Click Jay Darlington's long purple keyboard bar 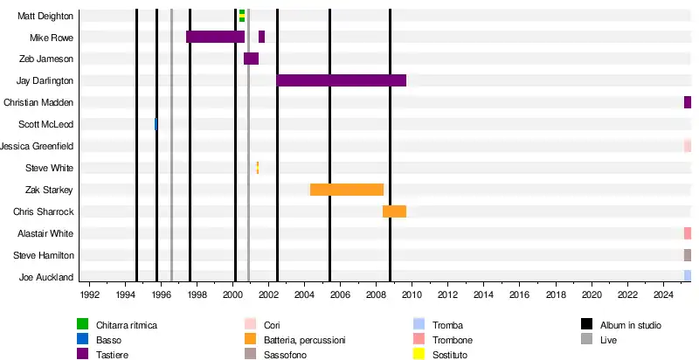click(341, 80)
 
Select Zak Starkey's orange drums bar click(347, 190)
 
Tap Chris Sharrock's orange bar click(394, 211)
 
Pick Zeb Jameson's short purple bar click(251, 59)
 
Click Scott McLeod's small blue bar click(156, 124)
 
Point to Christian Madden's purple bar click(688, 102)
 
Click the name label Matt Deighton click(45, 16)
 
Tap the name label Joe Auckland click(46, 277)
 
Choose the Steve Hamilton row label click(43, 255)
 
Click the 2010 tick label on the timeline click(412, 296)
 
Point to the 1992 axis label click(89, 296)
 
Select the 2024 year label click(663, 296)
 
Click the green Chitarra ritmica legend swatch click(82, 325)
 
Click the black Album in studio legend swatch click(587, 325)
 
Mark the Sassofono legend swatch click(250, 354)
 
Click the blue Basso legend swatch click(82, 340)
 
